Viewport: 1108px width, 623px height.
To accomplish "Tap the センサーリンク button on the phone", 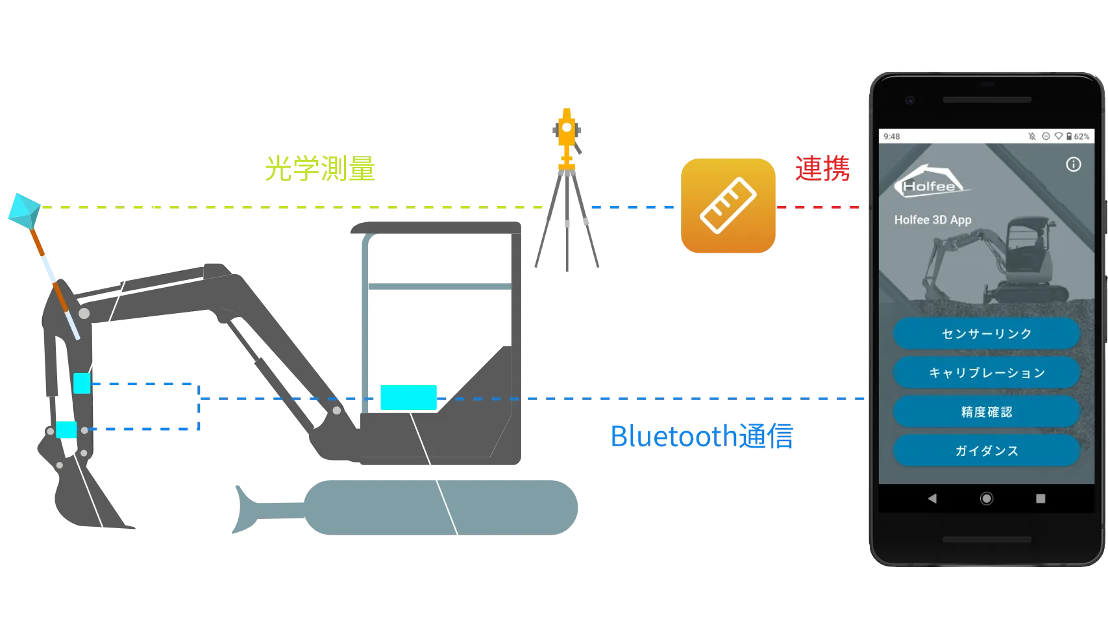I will (986, 333).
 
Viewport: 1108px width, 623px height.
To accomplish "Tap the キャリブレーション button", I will (986, 373).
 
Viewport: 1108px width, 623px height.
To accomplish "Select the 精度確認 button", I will (986, 412).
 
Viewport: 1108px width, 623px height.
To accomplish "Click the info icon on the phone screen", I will (1073, 164).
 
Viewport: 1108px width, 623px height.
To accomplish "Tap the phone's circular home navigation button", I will (986, 498).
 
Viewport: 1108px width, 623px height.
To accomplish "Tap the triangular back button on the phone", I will (932, 498).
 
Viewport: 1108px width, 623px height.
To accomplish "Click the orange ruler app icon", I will (728, 205).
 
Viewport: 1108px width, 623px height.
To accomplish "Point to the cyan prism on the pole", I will (23, 210).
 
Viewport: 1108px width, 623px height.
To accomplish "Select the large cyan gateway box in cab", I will (408, 397).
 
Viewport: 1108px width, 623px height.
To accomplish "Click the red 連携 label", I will (822, 168).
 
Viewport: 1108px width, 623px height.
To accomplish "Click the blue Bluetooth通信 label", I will (700, 435).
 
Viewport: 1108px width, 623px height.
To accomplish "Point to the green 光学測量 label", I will (321, 168).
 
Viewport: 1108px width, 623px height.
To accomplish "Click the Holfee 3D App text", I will (932, 220).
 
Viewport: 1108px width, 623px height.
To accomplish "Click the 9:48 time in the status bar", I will (891, 136).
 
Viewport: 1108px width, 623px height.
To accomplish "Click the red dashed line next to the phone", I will (819, 208).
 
